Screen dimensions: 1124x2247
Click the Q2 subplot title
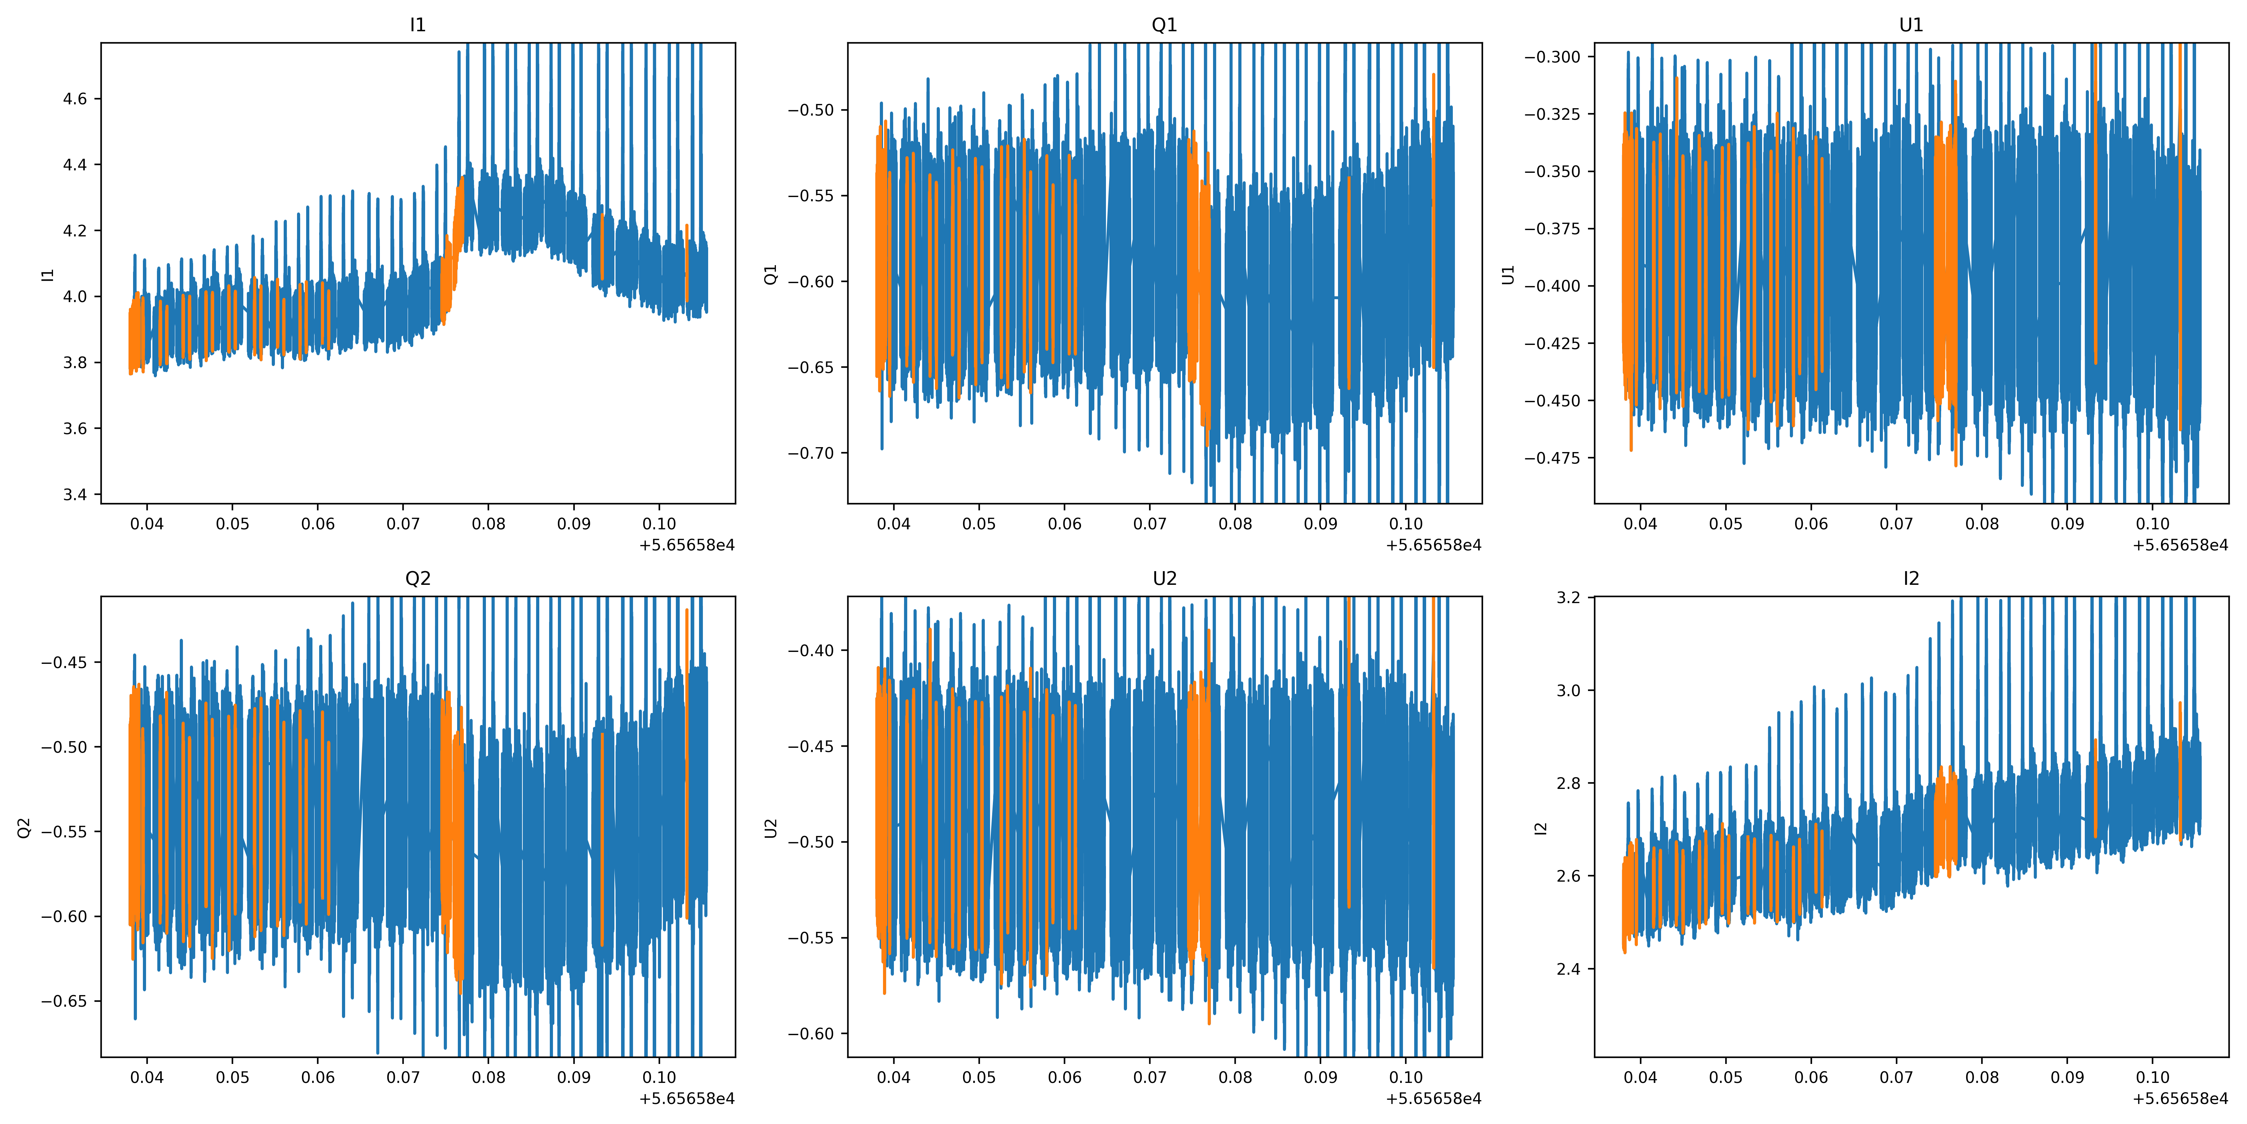click(418, 579)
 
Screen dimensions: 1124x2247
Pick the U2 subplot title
click(1165, 579)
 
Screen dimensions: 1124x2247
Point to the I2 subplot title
click(1911, 579)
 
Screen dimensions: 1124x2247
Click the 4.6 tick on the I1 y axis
click(75, 99)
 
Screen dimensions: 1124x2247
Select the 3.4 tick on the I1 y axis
click(75, 495)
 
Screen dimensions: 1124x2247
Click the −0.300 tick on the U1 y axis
click(1552, 57)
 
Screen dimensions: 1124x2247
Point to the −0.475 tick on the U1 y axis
click(1552, 458)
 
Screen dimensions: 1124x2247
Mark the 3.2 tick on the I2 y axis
click(1568, 598)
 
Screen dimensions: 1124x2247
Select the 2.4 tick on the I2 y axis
click(1568, 969)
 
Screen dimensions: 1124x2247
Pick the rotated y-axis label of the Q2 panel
click(25, 827)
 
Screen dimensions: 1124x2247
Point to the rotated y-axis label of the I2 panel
click(1541, 827)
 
